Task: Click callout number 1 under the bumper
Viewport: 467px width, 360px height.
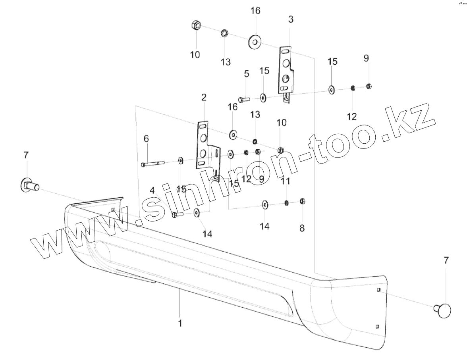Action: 180,323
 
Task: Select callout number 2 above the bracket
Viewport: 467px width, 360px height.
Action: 204,97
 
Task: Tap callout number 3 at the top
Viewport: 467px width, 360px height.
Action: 291,19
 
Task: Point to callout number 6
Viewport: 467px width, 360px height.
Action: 146,139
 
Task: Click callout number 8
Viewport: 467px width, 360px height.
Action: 302,228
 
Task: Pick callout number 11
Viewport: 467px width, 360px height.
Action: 286,181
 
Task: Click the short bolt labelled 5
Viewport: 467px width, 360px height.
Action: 243,99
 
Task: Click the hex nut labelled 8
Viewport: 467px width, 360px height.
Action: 302,201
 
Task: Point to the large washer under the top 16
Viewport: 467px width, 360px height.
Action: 254,41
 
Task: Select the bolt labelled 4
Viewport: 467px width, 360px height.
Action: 176,215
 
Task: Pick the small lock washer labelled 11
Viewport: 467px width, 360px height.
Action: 286,203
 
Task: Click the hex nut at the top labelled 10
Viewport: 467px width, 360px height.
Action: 196,26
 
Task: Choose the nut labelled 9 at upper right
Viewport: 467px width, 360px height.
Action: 369,86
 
